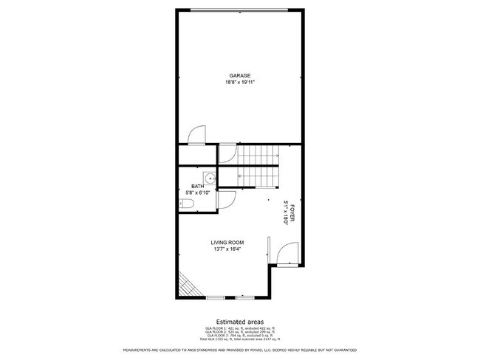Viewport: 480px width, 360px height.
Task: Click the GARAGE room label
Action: tap(240, 75)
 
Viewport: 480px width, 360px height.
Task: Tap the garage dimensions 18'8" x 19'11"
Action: tap(240, 82)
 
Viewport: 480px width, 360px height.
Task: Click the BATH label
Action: tap(197, 186)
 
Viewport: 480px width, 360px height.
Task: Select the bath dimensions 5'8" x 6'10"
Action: tap(198, 193)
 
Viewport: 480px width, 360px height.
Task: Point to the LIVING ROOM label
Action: tap(227, 243)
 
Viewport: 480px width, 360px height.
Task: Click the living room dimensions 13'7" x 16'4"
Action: tap(227, 249)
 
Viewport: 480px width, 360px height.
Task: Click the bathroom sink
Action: tap(210, 177)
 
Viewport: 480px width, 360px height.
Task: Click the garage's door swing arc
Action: tap(197, 135)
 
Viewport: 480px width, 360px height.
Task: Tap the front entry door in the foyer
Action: tap(284, 255)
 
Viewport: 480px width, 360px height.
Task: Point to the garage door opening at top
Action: tap(240, 10)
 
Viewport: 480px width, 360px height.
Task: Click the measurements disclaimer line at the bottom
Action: tap(240, 350)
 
